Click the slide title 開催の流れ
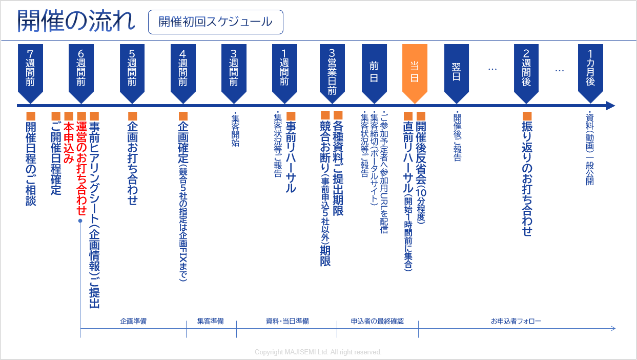(76, 22)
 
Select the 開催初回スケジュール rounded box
(215, 22)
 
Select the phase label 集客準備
(211, 322)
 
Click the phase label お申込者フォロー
(516, 322)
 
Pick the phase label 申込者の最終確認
(377, 322)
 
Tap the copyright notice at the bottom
(318, 352)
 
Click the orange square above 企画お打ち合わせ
(133, 116)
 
